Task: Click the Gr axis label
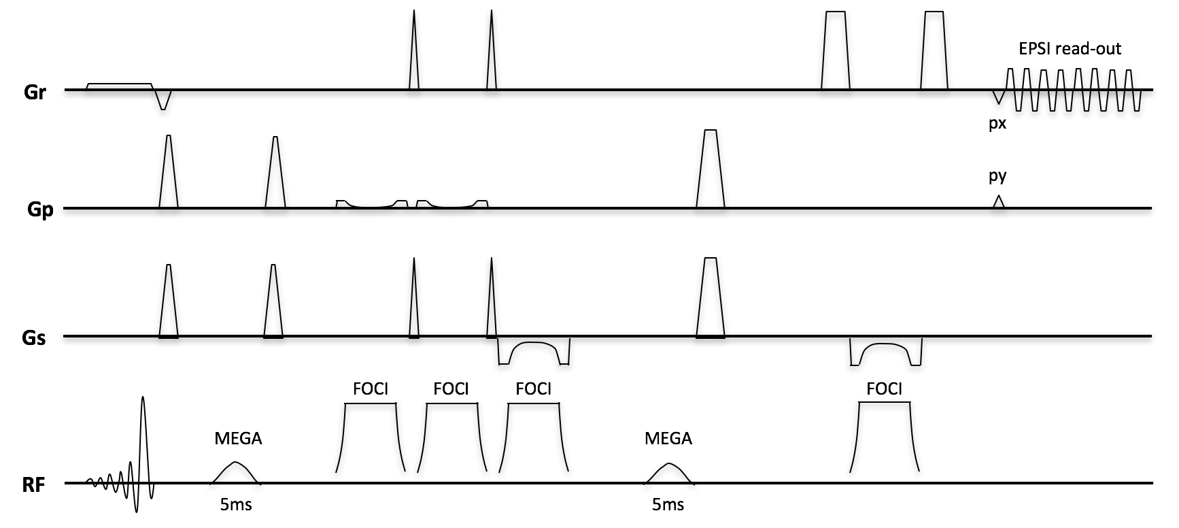tap(35, 92)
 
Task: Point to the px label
tap(997, 125)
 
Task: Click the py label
tap(997, 176)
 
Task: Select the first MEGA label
tap(238, 439)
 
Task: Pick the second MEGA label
tap(668, 439)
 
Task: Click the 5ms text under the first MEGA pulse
tap(236, 505)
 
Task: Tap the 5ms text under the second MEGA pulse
tap(668, 505)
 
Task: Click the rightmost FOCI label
tap(884, 389)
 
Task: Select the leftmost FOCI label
tap(371, 389)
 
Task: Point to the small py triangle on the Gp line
tap(997, 202)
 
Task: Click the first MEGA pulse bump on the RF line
tap(236, 472)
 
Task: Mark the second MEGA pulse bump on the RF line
tap(669, 473)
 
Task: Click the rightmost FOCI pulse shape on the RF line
tap(885, 435)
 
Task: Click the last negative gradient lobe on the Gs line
tap(885, 354)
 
